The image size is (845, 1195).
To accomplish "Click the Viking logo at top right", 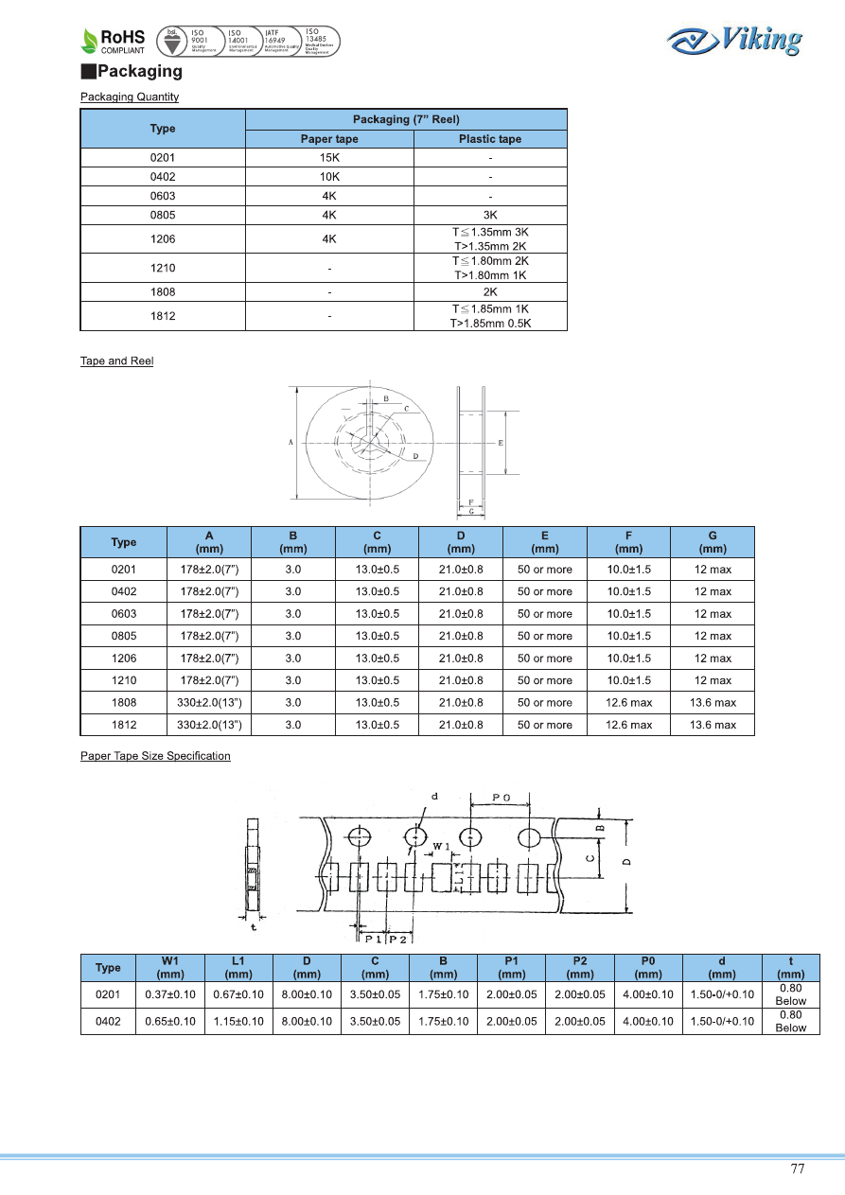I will (733, 41).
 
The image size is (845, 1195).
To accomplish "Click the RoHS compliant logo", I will (113, 41).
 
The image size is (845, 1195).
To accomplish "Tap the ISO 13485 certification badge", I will (319, 41).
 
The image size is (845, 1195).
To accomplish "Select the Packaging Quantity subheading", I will (130, 97).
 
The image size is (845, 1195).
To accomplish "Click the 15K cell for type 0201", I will (329, 158).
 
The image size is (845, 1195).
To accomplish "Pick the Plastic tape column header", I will (490, 139).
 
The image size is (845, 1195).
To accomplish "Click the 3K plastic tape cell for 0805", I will (490, 215).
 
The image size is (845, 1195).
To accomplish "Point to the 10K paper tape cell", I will (329, 177).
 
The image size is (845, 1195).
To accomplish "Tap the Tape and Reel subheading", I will (116, 361).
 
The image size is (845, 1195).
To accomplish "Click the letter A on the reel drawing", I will (290, 442).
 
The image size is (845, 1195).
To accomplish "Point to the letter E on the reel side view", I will (500, 443).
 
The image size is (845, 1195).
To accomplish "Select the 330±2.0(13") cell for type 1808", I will (209, 703).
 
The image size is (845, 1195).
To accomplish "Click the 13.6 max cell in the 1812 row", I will (713, 725).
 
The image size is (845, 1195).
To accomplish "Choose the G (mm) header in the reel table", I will (713, 542).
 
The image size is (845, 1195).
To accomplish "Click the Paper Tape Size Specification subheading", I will (155, 756).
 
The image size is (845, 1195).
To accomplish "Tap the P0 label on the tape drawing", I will (502, 798).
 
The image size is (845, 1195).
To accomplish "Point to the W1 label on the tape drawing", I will (441, 845).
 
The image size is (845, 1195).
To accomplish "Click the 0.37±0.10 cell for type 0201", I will (170, 994).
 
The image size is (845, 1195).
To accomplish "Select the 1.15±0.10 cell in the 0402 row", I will (238, 1022).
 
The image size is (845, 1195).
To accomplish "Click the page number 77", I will (798, 1169).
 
